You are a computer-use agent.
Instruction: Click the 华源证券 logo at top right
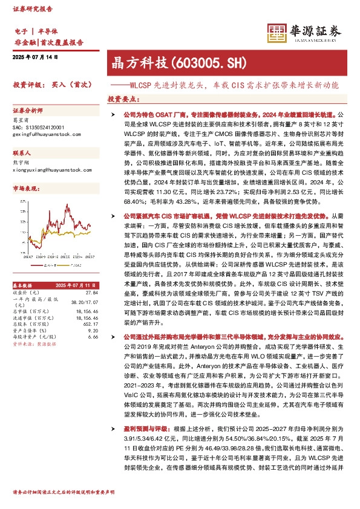(306, 31)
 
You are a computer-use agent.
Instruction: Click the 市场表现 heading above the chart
(25, 189)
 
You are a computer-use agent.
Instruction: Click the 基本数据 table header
(23, 285)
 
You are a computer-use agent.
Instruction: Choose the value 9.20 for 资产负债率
(93, 331)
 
